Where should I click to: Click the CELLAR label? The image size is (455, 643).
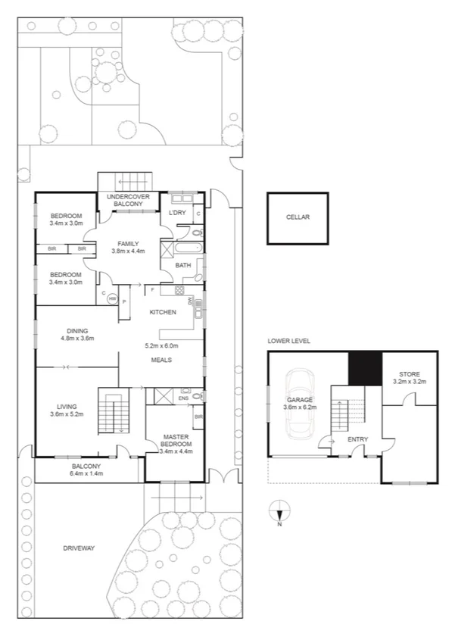tap(298, 217)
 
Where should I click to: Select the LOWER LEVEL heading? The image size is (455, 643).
tap(288, 342)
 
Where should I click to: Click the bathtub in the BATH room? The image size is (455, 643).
tap(182, 249)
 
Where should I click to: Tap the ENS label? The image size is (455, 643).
tap(184, 397)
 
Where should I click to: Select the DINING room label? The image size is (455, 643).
tap(76, 330)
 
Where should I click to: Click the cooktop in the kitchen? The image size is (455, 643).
tap(180, 290)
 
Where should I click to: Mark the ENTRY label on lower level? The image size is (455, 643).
tap(357, 439)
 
